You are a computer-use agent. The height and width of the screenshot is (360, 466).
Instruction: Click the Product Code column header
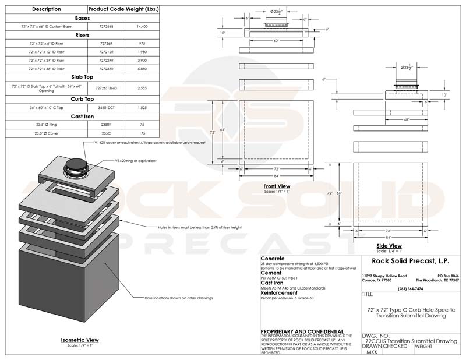105,9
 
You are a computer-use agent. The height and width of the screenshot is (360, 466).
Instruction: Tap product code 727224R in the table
105,60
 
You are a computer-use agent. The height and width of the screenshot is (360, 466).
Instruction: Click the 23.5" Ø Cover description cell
46,133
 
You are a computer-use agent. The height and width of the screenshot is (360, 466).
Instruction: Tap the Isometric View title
80,340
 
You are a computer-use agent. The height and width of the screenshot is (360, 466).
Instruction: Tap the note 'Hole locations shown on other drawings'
179,298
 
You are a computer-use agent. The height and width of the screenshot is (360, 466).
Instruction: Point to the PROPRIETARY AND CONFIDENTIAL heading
302,331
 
